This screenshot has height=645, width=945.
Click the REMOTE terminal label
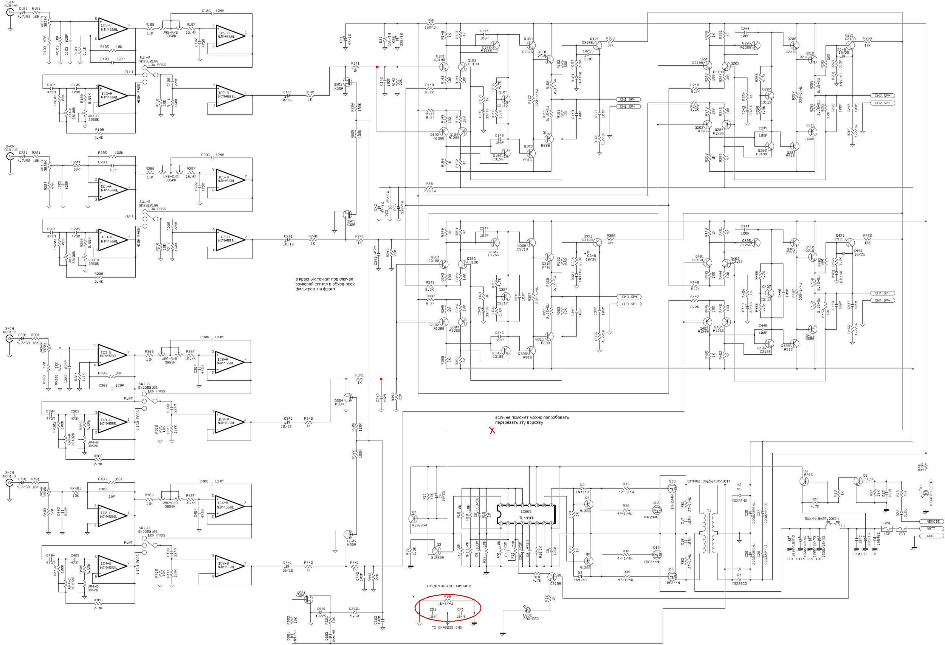(933, 521)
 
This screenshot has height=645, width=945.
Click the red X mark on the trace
(492, 430)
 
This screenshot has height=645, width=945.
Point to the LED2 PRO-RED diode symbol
(528, 609)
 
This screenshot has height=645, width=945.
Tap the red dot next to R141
(377, 67)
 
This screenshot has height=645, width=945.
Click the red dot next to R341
(381, 380)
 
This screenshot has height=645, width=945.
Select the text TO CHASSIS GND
(446, 628)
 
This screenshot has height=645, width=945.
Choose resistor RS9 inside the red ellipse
(447, 600)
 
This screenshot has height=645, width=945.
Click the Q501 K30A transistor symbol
(308, 598)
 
